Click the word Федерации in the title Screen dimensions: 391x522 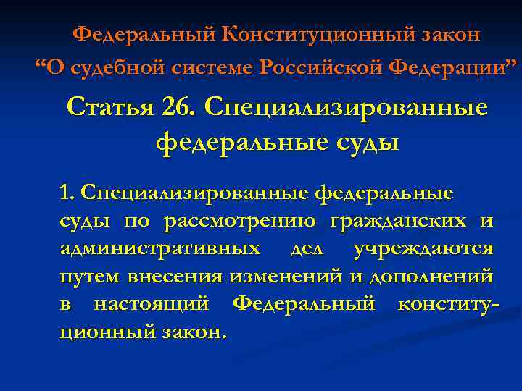point(444,69)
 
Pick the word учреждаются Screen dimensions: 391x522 point(423,248)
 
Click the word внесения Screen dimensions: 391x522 point(176,276)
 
